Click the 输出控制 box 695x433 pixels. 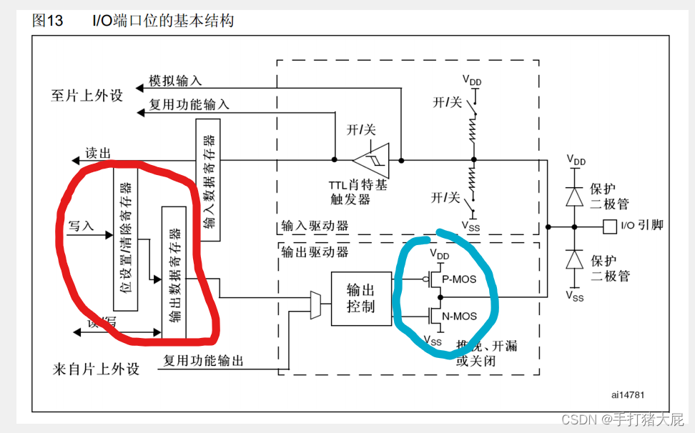(x=361, y=299)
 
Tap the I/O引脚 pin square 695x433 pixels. (x=608, y=227)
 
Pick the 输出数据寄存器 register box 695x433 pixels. (x=174, y=272)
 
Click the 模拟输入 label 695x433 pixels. (x=175, y=80)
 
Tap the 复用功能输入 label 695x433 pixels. (x=189, y=104)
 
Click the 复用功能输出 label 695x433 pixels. (x=203, y=361)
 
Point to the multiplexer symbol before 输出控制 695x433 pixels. (x=315, y=304)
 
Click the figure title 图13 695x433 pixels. (x=48, y=21)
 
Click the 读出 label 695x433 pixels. (x=98, y=153)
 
